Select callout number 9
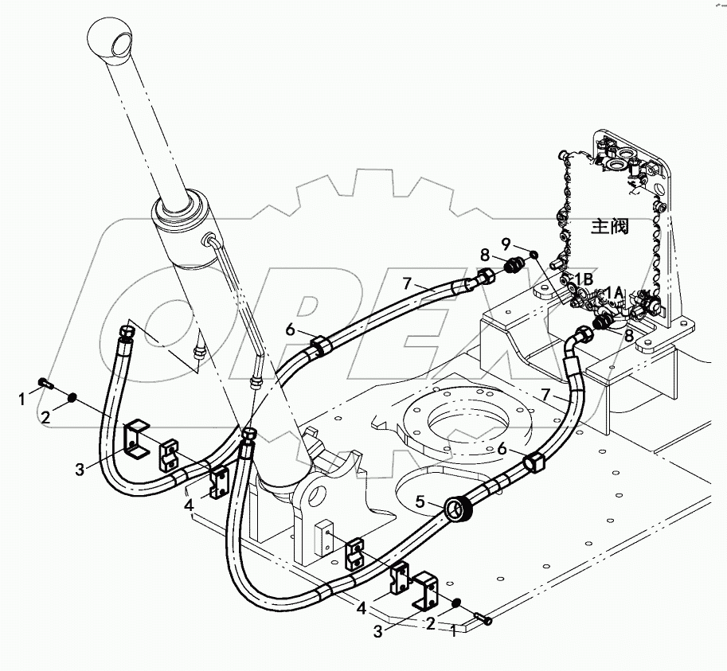tap(505, 242)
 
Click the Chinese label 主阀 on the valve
tap(610, 227)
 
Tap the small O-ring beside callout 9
tap(533, 254)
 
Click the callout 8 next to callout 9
tap(484, 256)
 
